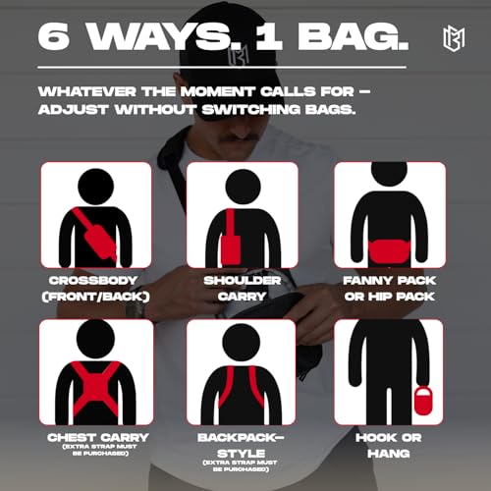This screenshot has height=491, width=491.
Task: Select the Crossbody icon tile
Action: click(x=95, y=215)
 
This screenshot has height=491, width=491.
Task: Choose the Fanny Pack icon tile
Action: click(x=390, y=215)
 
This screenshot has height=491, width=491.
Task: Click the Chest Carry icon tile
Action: click(x=95, y=372)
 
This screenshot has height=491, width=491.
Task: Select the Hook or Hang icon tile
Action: click(x=390, y=372)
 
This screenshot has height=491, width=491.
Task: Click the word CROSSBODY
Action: click(x=94, y=279)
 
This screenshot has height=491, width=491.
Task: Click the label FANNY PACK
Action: click(x=389, y=279)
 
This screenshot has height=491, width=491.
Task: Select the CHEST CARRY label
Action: click(x=94, y=436)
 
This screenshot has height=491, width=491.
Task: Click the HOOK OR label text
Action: click(x=389, y=436)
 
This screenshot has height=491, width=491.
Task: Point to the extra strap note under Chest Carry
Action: click(x=94, y=452)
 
